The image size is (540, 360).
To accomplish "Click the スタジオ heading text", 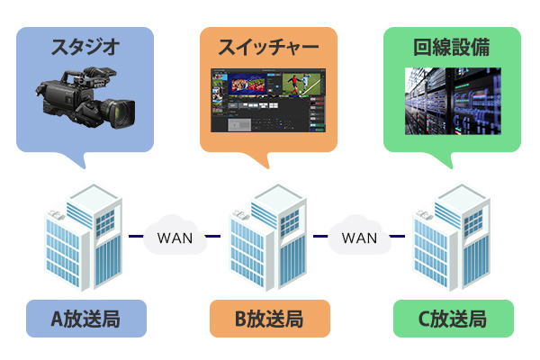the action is click(85, 47).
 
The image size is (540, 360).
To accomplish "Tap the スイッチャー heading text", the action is click(268, 47).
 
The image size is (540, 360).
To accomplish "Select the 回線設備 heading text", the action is click(452, 47).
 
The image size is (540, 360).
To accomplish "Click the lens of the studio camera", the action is click(121, 113).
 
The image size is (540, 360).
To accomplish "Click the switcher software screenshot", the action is click(268, 100).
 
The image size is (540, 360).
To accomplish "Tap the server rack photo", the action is click(453, 101).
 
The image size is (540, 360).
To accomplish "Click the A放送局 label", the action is click(86, 319).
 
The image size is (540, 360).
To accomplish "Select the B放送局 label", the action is click(270, 319).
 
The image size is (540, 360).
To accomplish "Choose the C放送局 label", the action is click(454, 319).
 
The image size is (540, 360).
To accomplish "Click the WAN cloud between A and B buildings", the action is click(175, 235).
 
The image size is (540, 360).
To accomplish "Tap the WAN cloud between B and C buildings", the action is click(359, 235).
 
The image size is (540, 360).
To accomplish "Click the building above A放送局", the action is click(84, 238).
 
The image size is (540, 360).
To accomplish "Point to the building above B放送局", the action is click(268, 238).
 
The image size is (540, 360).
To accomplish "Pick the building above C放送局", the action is click(452, 238).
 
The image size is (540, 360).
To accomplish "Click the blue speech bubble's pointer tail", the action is click(76, 160).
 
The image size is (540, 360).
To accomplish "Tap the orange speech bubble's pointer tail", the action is click(260, 160).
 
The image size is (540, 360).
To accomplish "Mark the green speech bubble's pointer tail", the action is click(444, 160).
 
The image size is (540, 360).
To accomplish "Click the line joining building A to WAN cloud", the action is click(136, 237).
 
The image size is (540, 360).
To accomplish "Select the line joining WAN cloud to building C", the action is click(397, 237).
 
